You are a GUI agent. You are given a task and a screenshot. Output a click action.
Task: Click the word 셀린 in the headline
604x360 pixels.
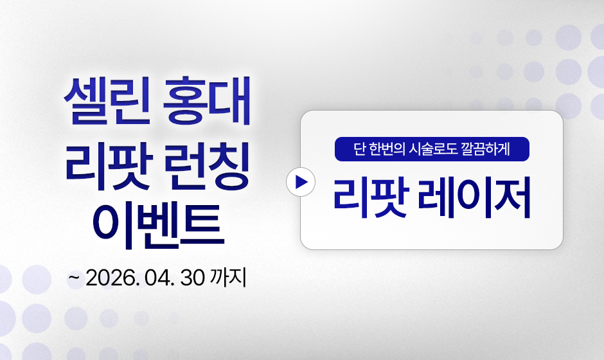coord(107,100)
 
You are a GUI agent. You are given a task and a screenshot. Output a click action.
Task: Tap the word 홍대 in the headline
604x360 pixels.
coord(206,100)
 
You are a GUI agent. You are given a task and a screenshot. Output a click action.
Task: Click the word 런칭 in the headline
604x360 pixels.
coord(206,166)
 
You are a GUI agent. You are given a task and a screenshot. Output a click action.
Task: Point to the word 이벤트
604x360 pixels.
coord(158,226)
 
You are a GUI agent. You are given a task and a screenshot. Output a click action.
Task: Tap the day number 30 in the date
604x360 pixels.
coord(192,278)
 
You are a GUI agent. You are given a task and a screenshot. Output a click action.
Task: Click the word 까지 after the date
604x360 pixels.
coord(228,278)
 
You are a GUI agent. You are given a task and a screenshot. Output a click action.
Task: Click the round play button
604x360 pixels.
coord(301,182)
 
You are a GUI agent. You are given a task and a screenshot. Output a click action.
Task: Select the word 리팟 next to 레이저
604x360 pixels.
coord(370,197)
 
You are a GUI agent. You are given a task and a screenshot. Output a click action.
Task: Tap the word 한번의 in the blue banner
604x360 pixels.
coord(387,148)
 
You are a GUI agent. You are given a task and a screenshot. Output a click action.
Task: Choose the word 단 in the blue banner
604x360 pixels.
coord(359,148)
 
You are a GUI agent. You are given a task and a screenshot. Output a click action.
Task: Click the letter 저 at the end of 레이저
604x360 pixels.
coord(513,197)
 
